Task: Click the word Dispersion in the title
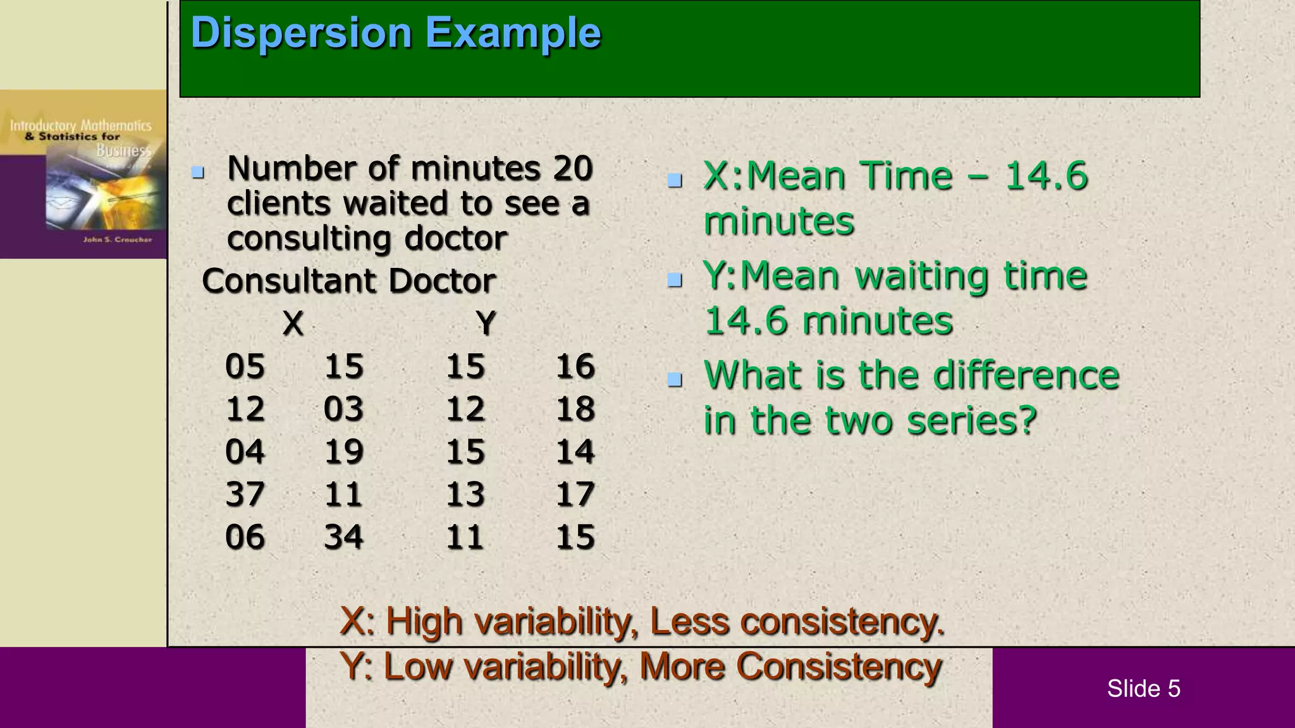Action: pos(302,33)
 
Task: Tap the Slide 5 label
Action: pos(1143,688)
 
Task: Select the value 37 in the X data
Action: pos(245,494)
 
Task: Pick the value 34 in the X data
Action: pos(343,537)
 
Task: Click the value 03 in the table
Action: pos(343,409)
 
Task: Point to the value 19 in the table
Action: pos(343,452)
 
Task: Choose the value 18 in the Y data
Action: pos(575,409)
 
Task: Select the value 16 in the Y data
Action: pos(575,366)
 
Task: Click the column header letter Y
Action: pos(486,324)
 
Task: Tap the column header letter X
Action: pos(293,324)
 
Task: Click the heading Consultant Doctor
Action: pos(348,281)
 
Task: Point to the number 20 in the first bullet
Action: pos(572,169)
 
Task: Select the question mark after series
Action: pos(1028,420)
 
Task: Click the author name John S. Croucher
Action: pos(118,240)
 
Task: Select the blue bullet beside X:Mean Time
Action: pos(675,181)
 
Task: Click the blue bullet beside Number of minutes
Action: pos(198,172)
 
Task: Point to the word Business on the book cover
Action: pos(124,150)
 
